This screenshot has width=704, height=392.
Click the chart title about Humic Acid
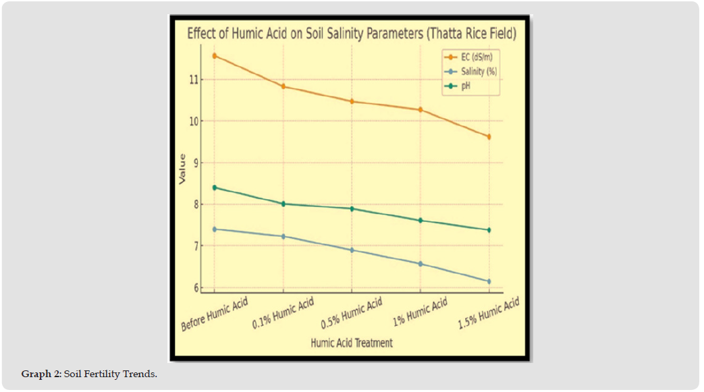point(351,33)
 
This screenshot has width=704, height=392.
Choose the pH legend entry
point(465,86)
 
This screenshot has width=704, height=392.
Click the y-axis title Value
point(182,169)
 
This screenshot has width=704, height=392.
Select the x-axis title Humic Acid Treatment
point(351,343)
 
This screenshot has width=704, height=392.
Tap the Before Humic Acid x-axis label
point(215,314)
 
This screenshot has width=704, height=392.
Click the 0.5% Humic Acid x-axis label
point(350,314)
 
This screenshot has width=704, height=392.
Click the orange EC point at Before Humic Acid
point(215,56)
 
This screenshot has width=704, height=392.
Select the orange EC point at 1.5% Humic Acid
point(489,137)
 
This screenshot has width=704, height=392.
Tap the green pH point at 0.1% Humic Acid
point(283,204)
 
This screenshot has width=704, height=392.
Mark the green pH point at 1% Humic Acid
point(421,221)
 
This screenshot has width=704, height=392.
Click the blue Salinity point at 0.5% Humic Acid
point(352,250)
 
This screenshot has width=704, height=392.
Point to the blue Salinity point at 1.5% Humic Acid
point(489,281)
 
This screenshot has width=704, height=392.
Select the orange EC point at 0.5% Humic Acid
point(352,101)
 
